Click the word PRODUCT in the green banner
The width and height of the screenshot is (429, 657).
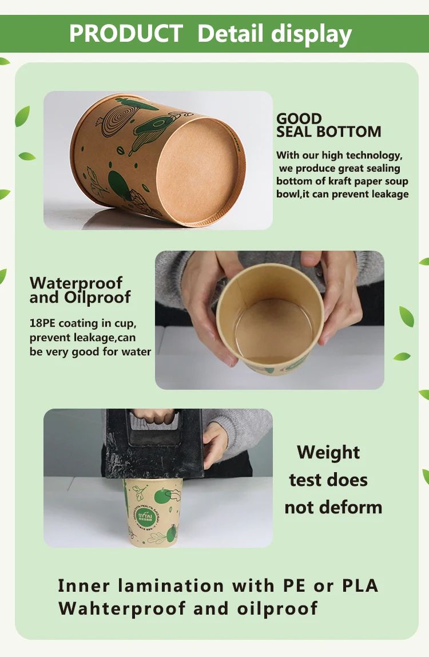(x=126, y=33)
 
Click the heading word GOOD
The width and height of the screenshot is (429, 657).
(x=299, y=118)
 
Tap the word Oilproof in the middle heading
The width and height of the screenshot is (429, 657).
(x=97, y=298)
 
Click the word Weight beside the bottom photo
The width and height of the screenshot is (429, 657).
(x=328, y=453)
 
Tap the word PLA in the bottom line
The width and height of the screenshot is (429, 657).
(x=360, y=585)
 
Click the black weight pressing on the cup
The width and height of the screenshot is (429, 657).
(x=154, y=444)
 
